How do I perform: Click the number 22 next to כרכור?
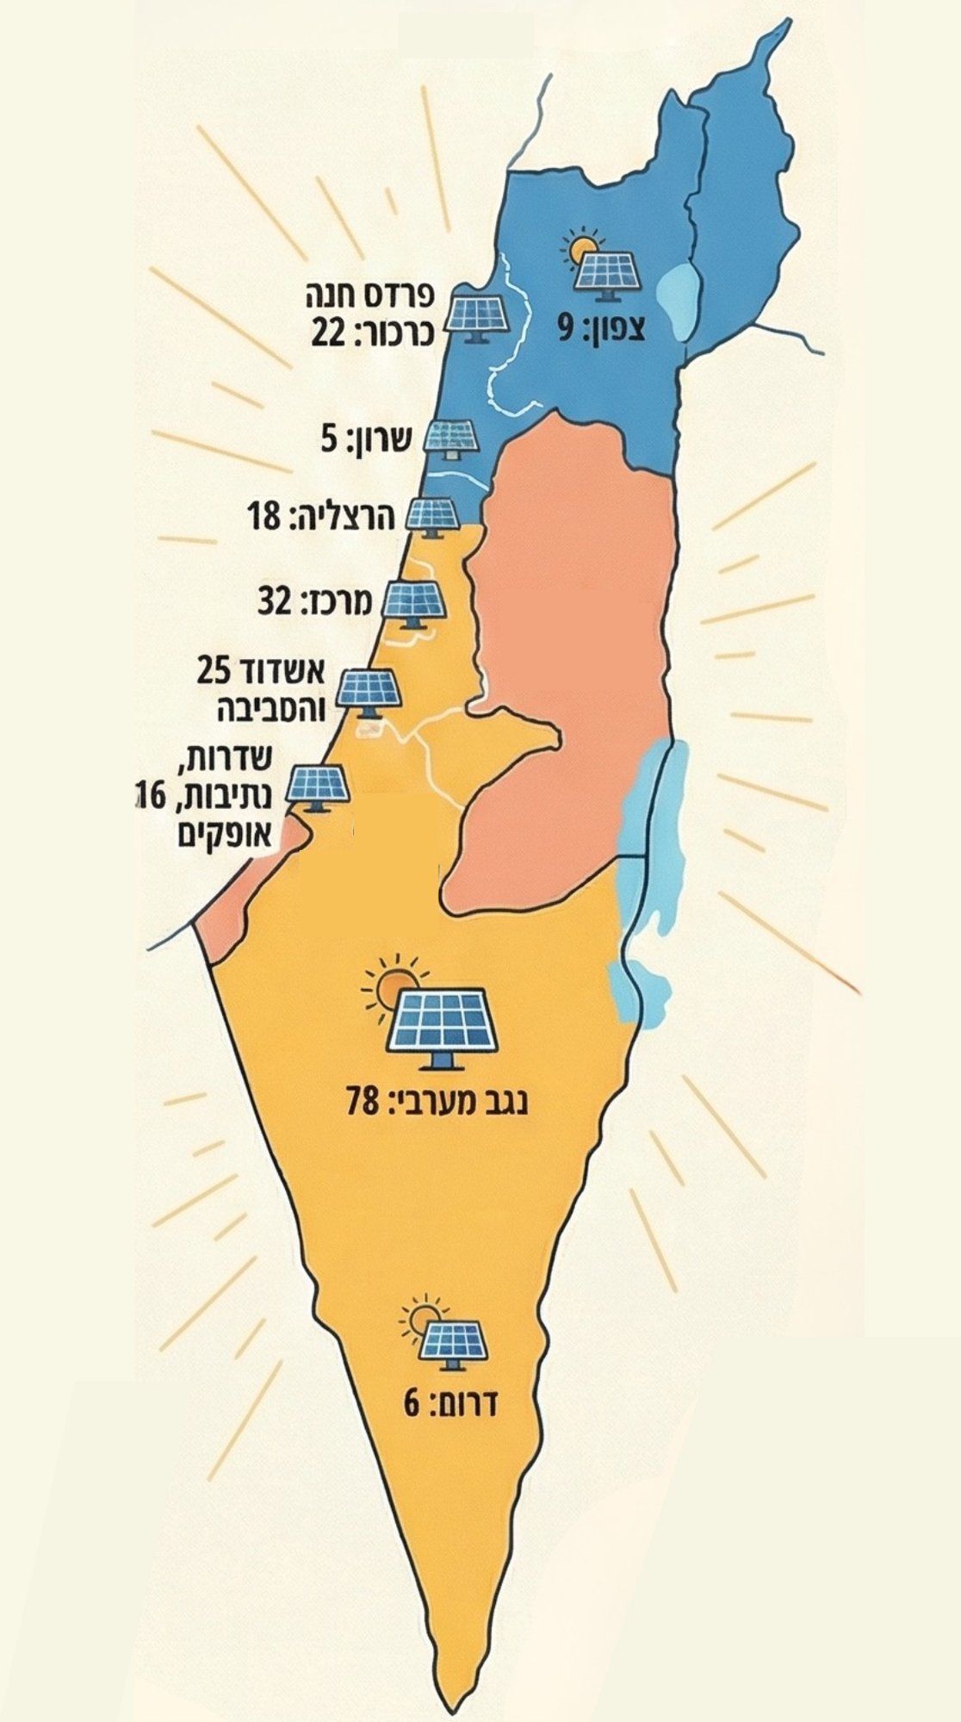[x=329, y=333]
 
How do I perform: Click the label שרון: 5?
[x=367, y=442]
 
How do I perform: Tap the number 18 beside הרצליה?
[x=263, y=518]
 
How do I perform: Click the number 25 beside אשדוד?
[x=214, y=669]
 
